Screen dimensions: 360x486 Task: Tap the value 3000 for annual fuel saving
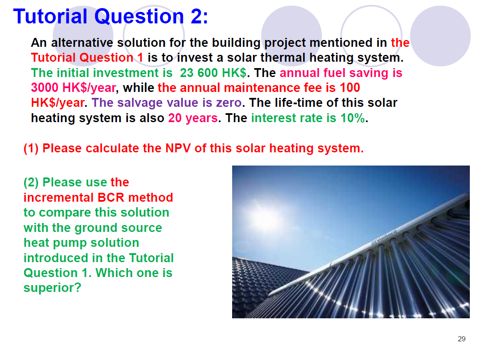pyautogui.click(x=45, y=88)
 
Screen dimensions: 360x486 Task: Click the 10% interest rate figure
pyautogui.click(x=352, y=118)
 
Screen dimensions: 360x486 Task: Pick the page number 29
pyautogui.click(x=461, y=339)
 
